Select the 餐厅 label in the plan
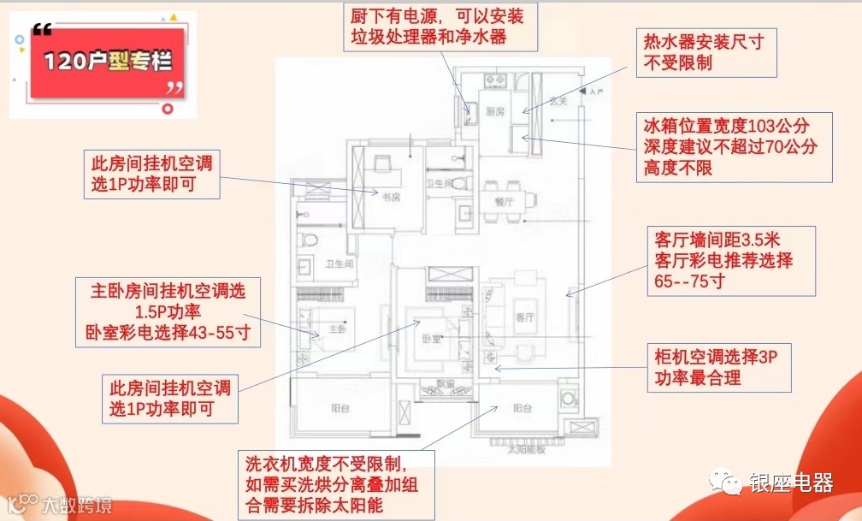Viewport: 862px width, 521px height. tap(504, 204)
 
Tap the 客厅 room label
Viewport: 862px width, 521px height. tap(525, 317)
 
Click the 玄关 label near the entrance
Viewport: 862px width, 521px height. tap(558, 100)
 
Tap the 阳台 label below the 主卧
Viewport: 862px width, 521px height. tap(340, 408)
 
